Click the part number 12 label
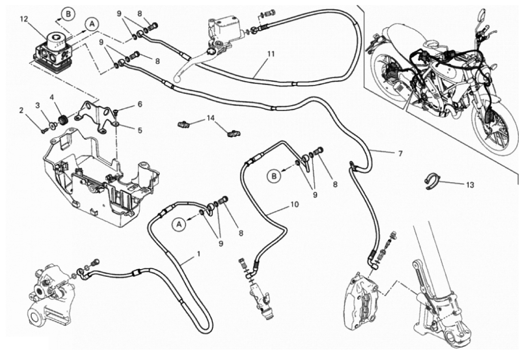tap(23, 19)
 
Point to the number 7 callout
tap(400, 153)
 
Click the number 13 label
tap(470, 185)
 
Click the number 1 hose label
tap(199, 254)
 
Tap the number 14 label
tap(210, 119)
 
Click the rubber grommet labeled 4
tap(62, 119)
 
